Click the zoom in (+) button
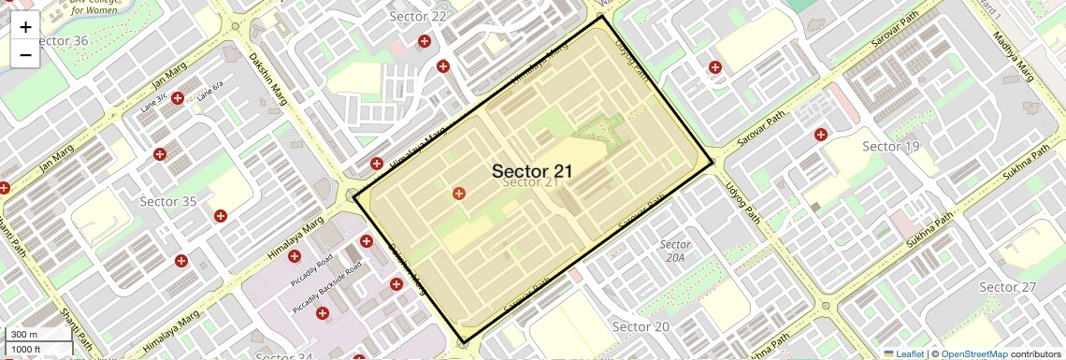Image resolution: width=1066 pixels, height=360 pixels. point(25,27)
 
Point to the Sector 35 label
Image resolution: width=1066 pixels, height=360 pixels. point(167,201)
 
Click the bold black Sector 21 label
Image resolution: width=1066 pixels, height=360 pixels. point(532,171)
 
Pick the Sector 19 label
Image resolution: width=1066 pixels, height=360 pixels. point(890,146)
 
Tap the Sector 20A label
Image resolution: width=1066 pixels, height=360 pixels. point(674,251)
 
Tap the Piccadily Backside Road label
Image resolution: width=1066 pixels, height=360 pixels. point(326,287)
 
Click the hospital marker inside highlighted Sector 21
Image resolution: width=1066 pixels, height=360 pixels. point(458,194)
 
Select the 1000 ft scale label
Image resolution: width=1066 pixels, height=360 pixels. point(25,349)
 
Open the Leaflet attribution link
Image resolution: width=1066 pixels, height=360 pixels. point(903,353)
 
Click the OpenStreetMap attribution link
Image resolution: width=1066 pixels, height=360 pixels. point(973,353)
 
